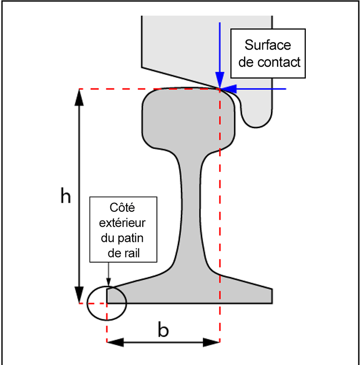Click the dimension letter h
tap(65, 196)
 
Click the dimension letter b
tap(163, 330)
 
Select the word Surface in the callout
tap(268, 45)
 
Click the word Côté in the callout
tap(122, 208)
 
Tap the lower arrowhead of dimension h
tap(79, 295)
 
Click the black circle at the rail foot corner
tap(106, 303)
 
